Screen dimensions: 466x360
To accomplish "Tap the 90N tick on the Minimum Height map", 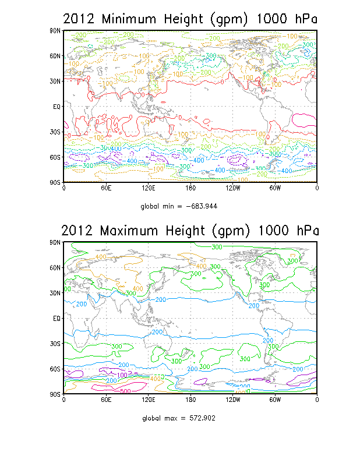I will (x=57, y=30).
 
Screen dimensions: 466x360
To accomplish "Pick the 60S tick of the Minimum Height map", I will (x=57, y=157).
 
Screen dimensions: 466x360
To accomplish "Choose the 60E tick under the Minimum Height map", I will (x=105, y=188).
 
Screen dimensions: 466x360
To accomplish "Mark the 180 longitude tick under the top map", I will (x=190, y=188).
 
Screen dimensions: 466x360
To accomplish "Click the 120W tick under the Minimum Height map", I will (x=232, y=188).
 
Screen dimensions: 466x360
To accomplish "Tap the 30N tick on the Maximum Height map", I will (x=57, y=293).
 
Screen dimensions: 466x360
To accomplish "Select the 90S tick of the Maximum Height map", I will (x=57, y=394).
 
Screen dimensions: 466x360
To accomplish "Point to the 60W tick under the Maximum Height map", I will (x=275, y=400).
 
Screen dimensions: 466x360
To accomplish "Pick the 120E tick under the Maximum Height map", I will (x=148, y=400).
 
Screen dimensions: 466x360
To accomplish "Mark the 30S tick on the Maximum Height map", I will (x=57, y=344).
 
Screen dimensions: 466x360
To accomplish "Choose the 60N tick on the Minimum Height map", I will (x=57, y=56).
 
